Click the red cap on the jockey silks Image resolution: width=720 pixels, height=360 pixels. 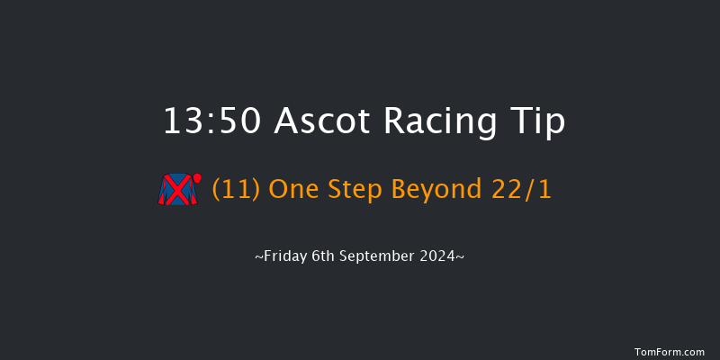[196, 177]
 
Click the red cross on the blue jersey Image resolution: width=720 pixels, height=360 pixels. [179, 190]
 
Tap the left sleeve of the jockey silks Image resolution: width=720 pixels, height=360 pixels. [164, 192]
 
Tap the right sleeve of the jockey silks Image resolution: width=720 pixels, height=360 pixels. [193, 193]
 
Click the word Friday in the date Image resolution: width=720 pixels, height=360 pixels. [283, 256]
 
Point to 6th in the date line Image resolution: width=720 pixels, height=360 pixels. [320, 256]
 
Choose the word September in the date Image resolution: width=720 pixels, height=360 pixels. [381, 256]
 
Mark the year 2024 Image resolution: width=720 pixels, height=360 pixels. [441, 256]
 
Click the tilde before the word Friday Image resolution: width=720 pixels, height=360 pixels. [258, 256]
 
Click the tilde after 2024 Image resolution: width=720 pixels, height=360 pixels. [462, 256]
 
